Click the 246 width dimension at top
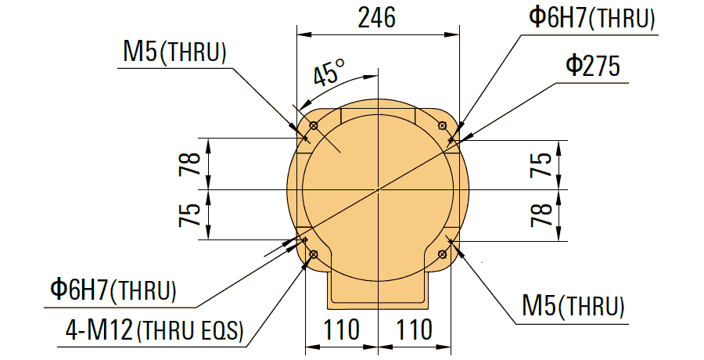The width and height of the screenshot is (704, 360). (x=376, y=18)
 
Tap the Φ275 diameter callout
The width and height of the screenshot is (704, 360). (x=592, y=67)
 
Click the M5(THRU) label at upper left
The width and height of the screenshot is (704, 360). (x=174, y=53)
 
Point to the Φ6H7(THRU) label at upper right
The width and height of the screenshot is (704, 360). (x=591, y=19)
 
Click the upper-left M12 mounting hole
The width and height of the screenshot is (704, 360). (x=314, y=126)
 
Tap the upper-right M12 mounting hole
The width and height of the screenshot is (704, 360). (x=443, y=126)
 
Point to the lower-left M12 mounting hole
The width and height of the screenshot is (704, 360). (x=314, y=254)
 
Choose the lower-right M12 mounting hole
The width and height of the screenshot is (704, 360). (x=443, y=254)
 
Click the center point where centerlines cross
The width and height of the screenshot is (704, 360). (x=378, y=190)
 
